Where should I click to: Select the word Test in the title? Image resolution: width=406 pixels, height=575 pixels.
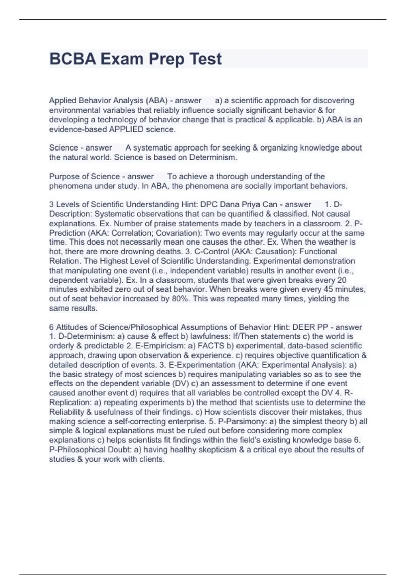pos(206,59)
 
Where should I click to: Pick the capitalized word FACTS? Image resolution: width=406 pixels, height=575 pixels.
pos(211,346)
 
